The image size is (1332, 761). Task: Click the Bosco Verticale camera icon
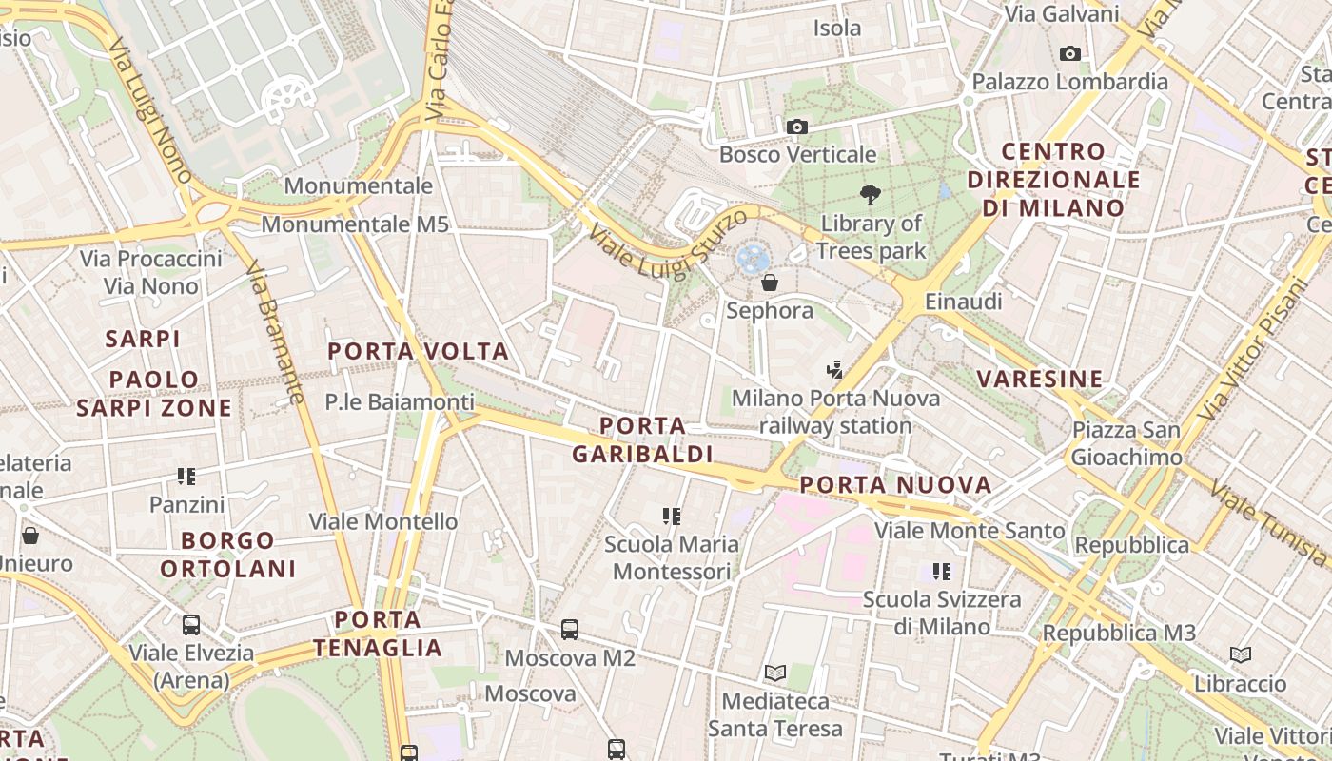point(797,127)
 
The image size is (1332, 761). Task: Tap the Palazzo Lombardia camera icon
point(1070,54)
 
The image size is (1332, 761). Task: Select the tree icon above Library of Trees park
point(870,195)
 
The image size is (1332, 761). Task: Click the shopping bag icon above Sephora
point(770,283)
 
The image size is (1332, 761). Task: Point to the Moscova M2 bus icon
point(570,629)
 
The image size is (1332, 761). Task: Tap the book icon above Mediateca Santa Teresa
point(775,673)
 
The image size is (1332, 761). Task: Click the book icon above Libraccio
point(1240,654)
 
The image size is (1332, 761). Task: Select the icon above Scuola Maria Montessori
point(672,517)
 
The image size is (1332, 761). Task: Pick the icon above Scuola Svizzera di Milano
point(942,572)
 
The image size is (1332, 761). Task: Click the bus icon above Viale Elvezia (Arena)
point(191,625)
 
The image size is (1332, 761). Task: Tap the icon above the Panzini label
point(186,476)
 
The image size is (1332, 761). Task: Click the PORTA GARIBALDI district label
point(643,439)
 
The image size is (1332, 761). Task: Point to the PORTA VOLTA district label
point(419,351)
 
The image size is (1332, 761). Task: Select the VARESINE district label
point(1040,379)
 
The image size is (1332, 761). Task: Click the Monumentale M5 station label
point(355,224)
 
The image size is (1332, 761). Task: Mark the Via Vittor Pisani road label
point(1255,349)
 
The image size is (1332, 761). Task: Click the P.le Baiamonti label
point(400,402)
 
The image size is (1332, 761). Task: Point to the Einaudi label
point(966,302)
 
